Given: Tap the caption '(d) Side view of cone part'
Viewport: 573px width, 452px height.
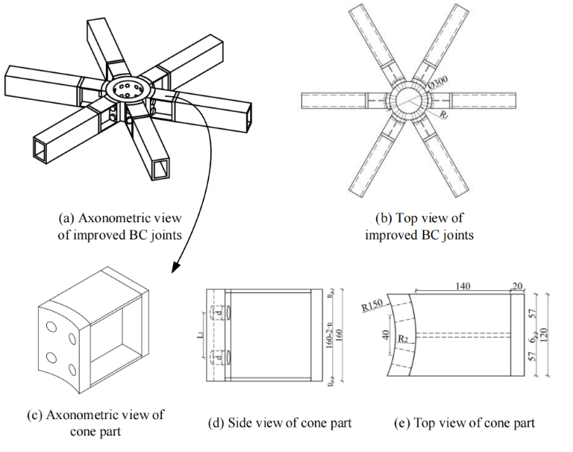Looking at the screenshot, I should [280, 424].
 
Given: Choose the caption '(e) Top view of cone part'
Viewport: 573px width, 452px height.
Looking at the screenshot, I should [464, 424].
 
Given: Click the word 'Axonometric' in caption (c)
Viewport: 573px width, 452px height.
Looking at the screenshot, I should [88, 415].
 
